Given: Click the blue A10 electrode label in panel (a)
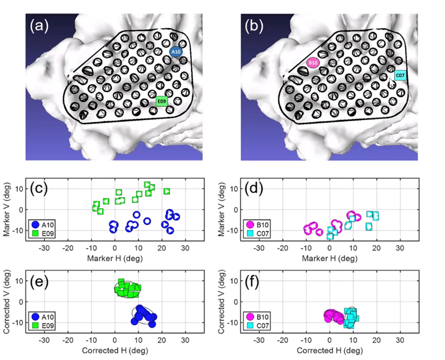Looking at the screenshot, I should click(x=176, y=52).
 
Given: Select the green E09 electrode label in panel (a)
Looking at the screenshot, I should click(x=162, y=101).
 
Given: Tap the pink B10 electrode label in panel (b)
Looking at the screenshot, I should click(x=313, y=63).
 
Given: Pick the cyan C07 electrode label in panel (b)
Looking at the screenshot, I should click(x=401, y=76).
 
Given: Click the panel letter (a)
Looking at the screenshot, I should click(x=41, y=25).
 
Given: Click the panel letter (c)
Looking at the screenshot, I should click(x=41, y=190).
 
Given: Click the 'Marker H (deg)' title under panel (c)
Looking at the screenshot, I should click(x=115, y=259).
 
